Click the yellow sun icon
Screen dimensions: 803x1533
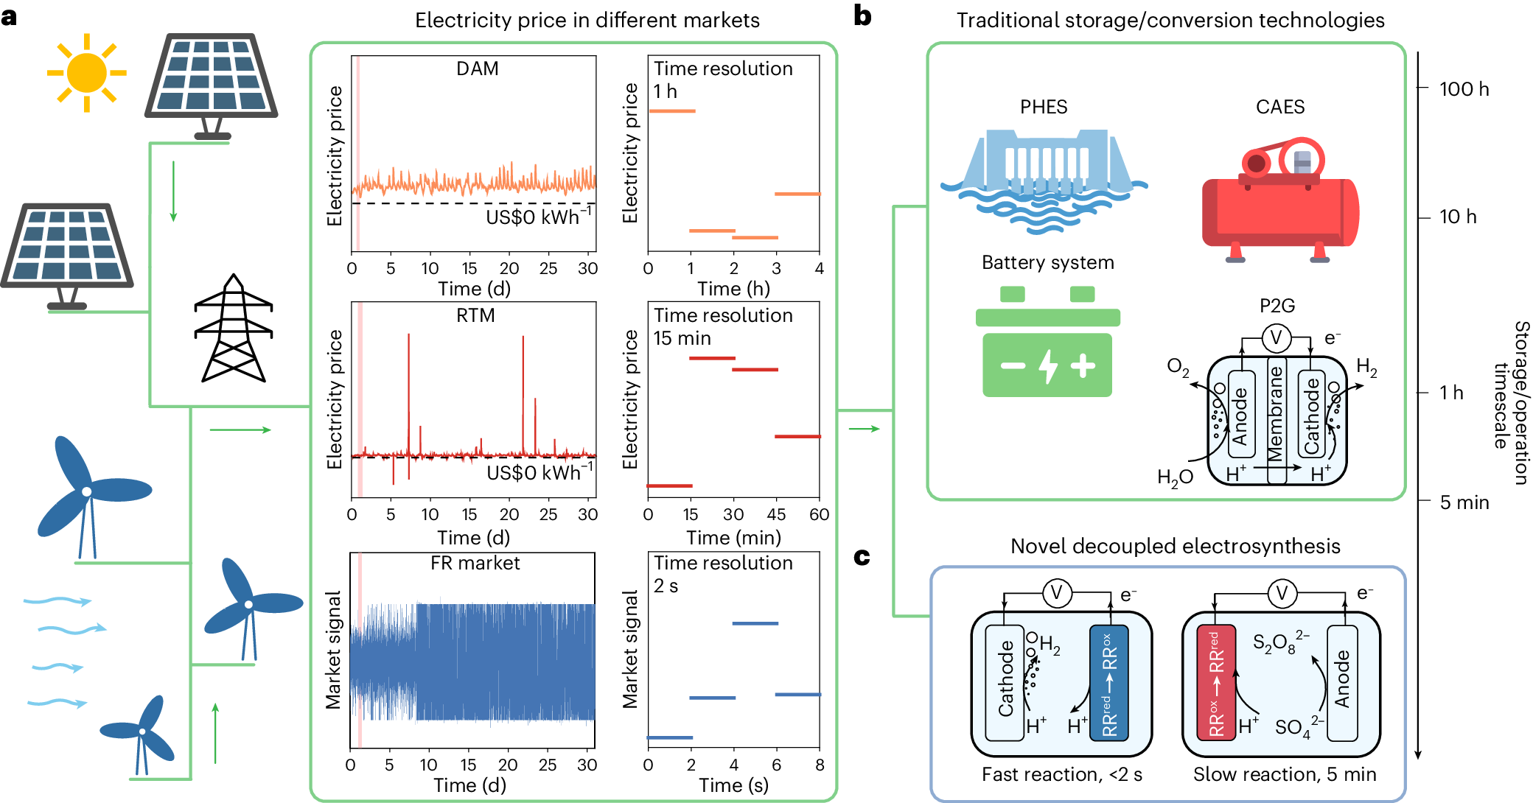pyautogui.click(x=86, y=73)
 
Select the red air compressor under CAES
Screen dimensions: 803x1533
pyautogui.click(x=1280, y=203)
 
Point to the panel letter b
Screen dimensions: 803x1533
pyautogui.click(x=862, y=16)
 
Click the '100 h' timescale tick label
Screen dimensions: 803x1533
pyautogui.click(x=1464, y=89)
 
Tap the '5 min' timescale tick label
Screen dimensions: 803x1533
pyautogui.click(x=1464, y=502)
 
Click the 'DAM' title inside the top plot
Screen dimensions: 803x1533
pyautogui.click(x=477, y=69)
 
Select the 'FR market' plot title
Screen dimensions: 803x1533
pyautogui.click(x=475, y=563)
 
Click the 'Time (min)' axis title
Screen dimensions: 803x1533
pyautogui.click(x=733, y=538)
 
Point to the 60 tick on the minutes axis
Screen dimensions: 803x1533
pyautogui.click(x=819, y=514)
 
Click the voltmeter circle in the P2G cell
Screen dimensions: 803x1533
pyautogui.click(x=1276, y=338)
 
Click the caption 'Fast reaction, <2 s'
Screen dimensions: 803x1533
pyautogui.click(x=1061, y=774)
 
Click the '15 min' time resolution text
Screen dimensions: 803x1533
pyautogui.click(x=682, y=338)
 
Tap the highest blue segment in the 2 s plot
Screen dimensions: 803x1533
pyautogui.click(x=755, y=623)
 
